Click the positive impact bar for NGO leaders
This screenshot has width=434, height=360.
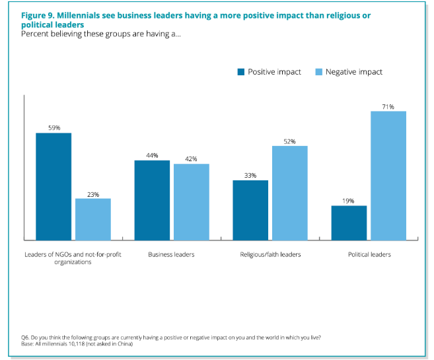(54, 186)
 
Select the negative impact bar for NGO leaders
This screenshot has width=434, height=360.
(93, 219)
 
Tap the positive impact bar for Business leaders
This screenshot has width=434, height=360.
(152, 200)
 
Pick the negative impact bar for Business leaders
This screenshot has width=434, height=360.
(192, 201)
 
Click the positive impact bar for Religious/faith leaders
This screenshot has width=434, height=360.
(250, 210)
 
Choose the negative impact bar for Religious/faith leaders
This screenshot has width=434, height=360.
(290, 193)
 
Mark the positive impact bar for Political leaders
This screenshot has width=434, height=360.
(349, 223)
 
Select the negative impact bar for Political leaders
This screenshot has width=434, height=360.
(388, 176)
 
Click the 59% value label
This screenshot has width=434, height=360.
(54, 127)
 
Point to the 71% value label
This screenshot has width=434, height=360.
(388, 106)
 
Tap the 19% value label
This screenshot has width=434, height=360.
(349, 201)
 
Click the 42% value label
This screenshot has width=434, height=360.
(192, 159)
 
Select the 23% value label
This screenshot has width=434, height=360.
(93, 194)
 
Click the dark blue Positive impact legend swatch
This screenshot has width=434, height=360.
(241, 72)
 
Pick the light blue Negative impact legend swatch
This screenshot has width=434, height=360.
(319, 72)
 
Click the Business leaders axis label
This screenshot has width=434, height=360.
(172, 254)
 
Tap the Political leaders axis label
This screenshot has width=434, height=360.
(369, 254)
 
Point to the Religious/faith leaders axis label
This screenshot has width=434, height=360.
(270, 254)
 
